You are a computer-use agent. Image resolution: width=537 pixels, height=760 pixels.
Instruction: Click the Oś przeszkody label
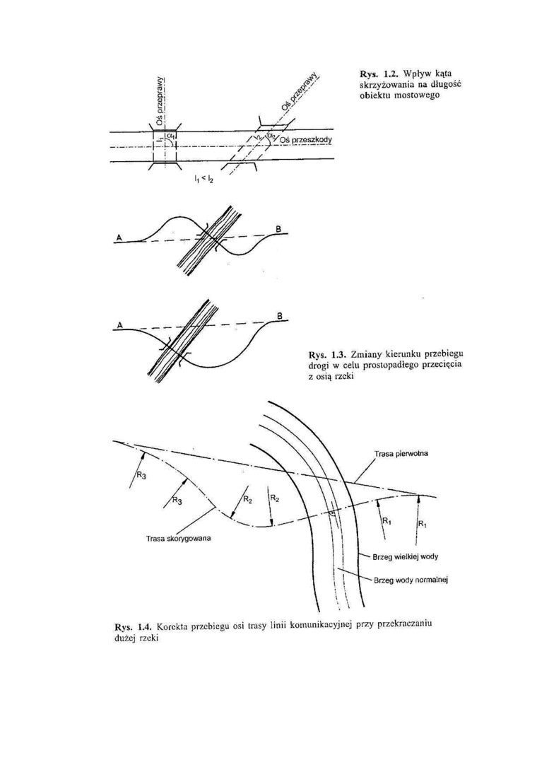point(305,141)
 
